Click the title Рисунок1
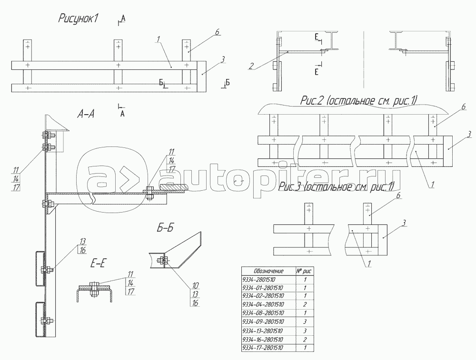click(x=78, y=19)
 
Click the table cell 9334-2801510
click(x=259, y=279)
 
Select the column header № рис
click(x=304, y=270)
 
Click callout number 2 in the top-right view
click(x=250, y=67)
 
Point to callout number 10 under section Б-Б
click(x=195, y=286)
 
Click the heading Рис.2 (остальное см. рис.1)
click(x=359, y=100)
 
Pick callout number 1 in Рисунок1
click(x=157, y=40)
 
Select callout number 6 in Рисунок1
click(x=217, y=32)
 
